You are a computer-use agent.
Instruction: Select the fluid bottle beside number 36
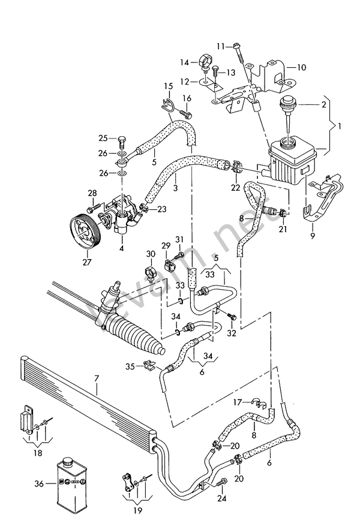tap(73, 486)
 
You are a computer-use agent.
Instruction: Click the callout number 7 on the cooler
tap(96, 379)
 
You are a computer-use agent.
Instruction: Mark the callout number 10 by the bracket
tap(301, 67)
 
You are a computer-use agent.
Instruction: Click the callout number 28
tap(92, 193)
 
